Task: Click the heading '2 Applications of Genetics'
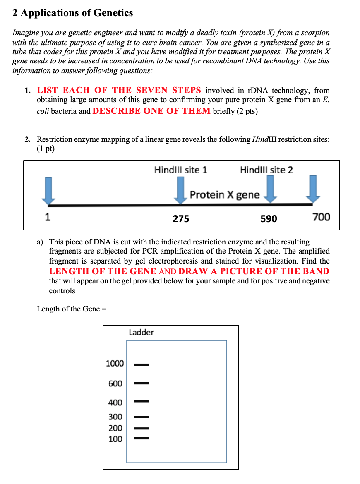(72, 13)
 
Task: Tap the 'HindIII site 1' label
(181, 170)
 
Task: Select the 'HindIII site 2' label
(266, 170)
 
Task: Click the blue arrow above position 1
(48, 191)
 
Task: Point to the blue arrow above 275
(180, 190)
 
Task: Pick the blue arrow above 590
(271, 189)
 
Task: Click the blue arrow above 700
(313, 189)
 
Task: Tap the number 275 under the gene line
(181, 219)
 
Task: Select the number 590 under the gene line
(269, 219)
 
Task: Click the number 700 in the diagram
(321, 217)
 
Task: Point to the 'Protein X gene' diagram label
(225, 195)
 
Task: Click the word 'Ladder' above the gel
(142, 333)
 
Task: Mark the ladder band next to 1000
(142, 364)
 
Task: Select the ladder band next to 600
(142, 383)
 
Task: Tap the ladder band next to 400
(142, 401)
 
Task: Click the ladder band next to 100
(142, 438)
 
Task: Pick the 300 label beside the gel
(115, 417)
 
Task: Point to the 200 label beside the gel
(115, 428)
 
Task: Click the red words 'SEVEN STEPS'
(168, 90)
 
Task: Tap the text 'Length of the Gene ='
(72, 309)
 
